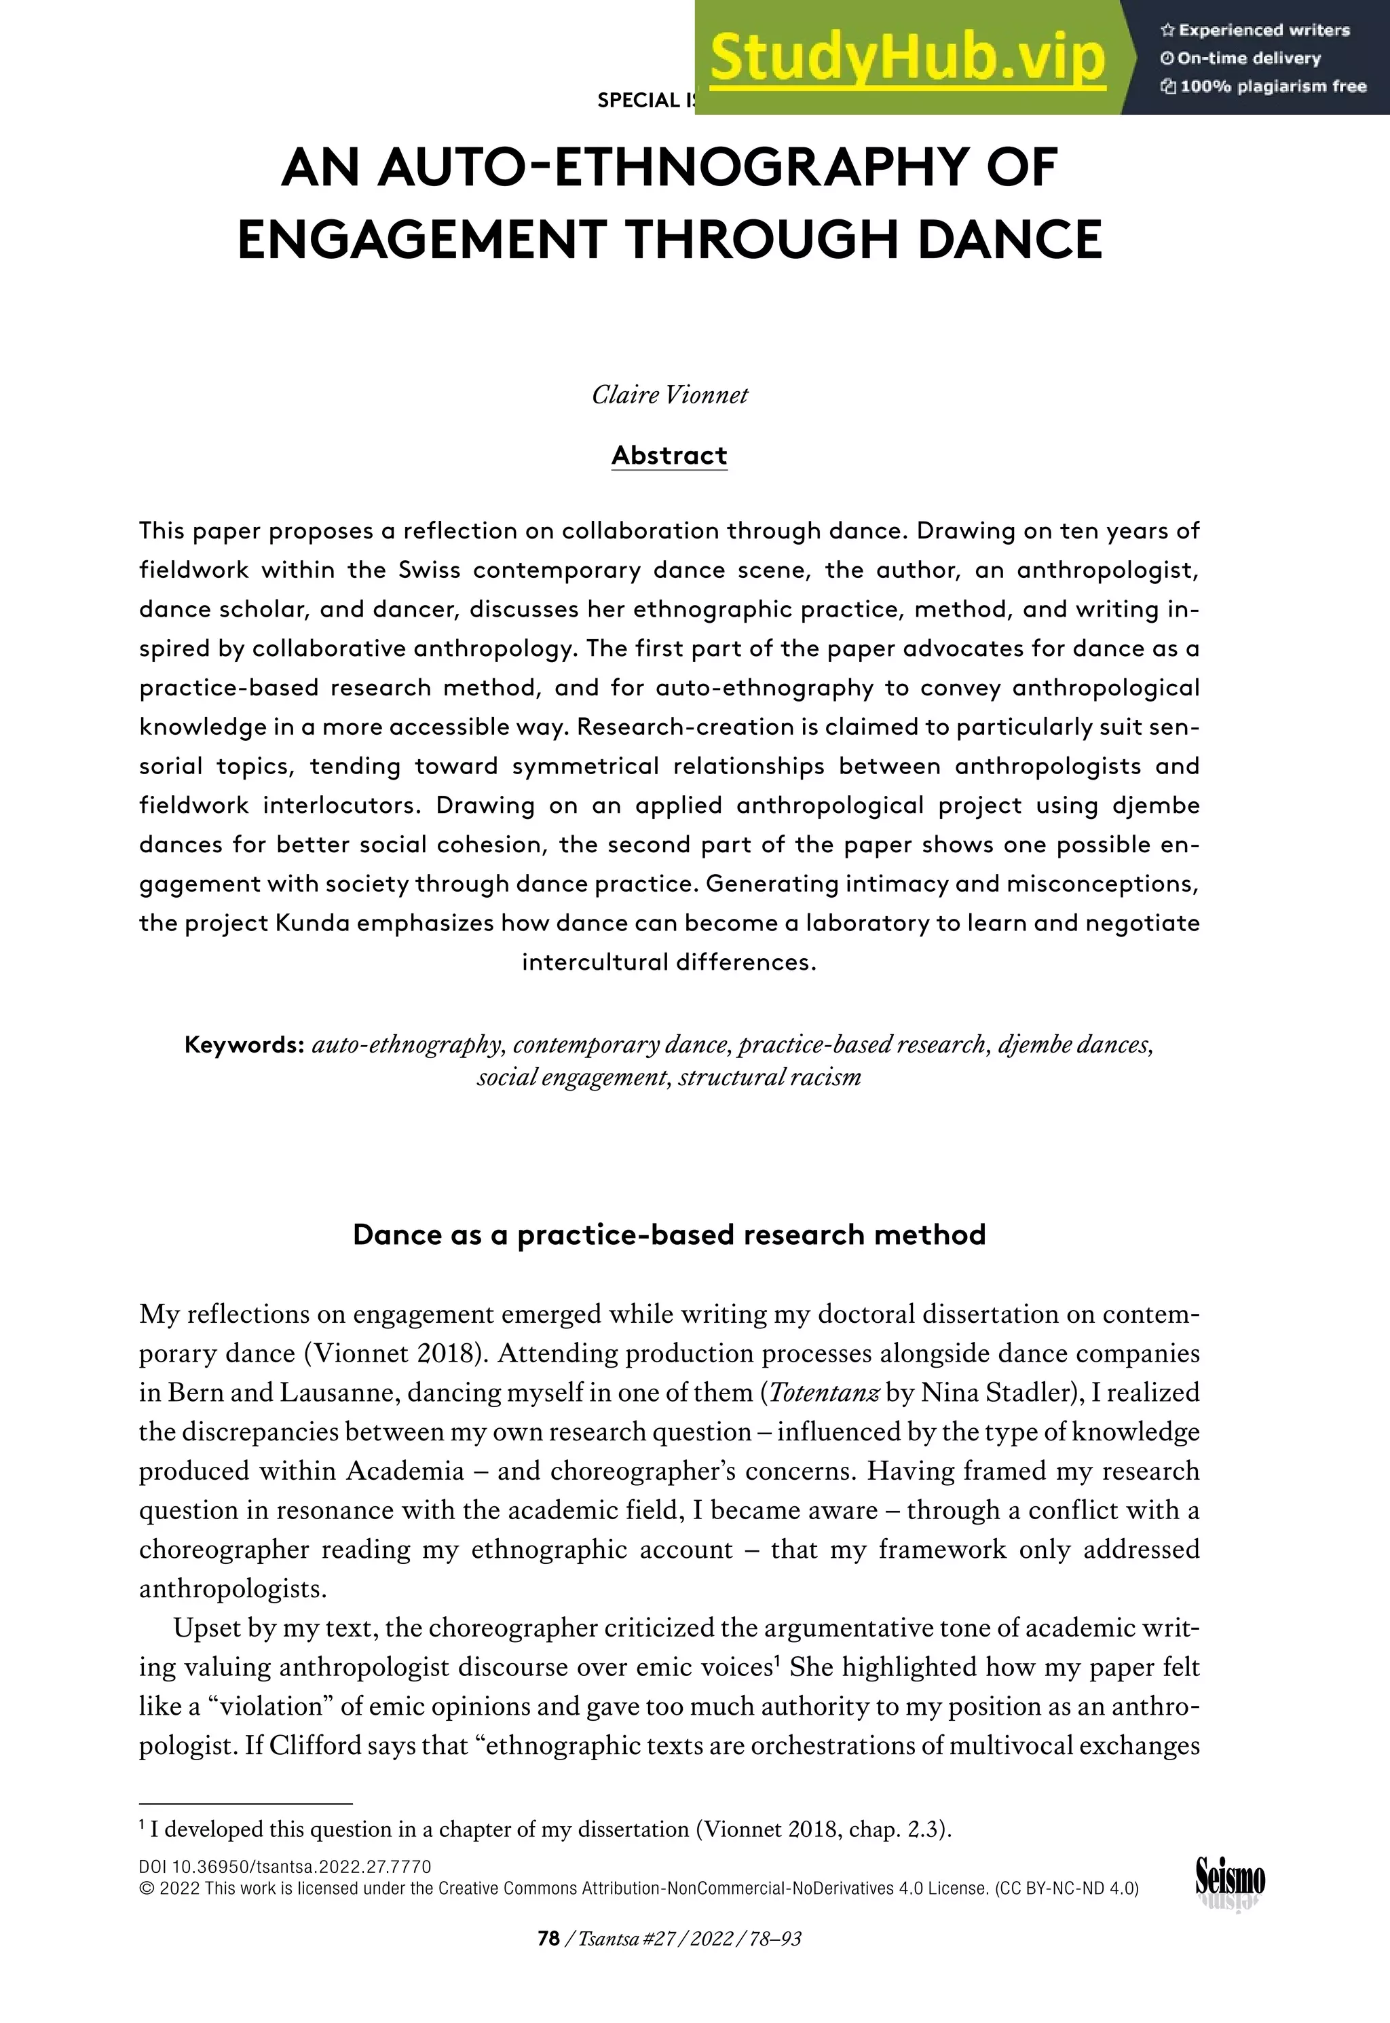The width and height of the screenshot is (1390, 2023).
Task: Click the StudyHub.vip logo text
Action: pos(907,58)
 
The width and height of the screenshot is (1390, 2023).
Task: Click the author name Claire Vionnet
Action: pos(669,395)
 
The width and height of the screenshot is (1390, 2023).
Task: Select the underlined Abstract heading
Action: pos(669,456)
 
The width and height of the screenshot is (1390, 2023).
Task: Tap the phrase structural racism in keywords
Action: pos(769,1078)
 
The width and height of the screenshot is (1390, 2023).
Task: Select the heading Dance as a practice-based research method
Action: pos(669,1235)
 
